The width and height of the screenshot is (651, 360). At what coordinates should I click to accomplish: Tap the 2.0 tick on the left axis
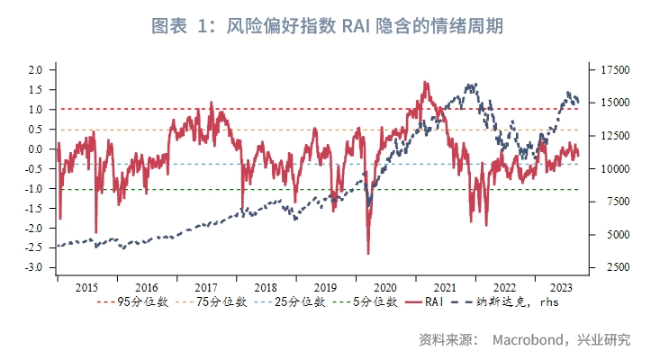click(x=36, y=69)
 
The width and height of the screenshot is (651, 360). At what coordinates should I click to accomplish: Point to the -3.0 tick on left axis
click(x=34, y=268)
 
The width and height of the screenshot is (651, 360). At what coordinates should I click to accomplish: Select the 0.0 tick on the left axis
click(x=36, y=148)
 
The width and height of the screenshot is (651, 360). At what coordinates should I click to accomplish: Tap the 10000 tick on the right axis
click(x=609, y=168)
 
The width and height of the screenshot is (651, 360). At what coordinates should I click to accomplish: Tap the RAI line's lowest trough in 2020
click(x=368, y=253)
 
